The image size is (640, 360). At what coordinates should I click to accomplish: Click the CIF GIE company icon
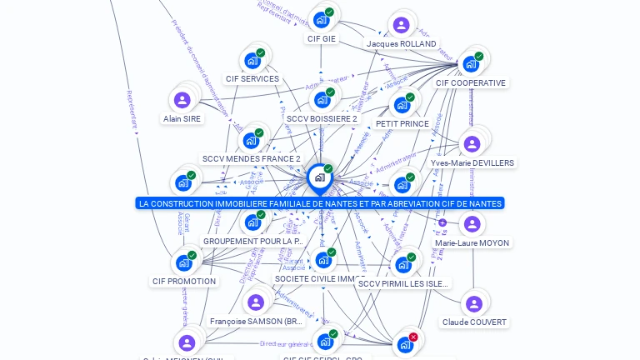[321, 20]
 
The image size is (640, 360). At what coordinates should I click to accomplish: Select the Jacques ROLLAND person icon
[401, 25]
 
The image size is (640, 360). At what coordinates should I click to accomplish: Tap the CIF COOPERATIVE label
[470, 82]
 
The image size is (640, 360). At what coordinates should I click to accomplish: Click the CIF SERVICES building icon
[252, 61]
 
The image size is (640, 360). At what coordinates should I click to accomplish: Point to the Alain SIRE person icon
[182, 100]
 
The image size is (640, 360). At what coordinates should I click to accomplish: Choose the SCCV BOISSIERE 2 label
[321, 118]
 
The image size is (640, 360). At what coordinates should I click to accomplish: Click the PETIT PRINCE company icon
[402, 105]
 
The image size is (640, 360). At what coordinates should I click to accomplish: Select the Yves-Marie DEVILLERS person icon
[472, 144]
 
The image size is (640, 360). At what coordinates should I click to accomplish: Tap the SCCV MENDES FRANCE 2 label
[251, 158]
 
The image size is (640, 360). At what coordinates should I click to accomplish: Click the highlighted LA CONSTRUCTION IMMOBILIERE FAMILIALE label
[320, 203]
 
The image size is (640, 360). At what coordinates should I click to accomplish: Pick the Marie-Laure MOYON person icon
[472, 224]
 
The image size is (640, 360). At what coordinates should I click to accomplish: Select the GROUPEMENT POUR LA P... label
[252, 241]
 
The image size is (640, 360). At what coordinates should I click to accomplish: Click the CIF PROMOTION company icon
[183, 263]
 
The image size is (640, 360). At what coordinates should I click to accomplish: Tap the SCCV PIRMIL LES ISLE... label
[403, 283]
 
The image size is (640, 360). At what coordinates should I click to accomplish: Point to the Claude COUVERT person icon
[473, 303]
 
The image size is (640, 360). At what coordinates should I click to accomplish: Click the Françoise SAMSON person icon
[256, 302]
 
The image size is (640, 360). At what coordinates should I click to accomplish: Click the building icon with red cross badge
[405, 344]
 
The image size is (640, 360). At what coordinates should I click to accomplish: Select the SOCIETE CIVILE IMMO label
[319, 279]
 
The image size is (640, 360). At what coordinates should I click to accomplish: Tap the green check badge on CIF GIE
[329, 12]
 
